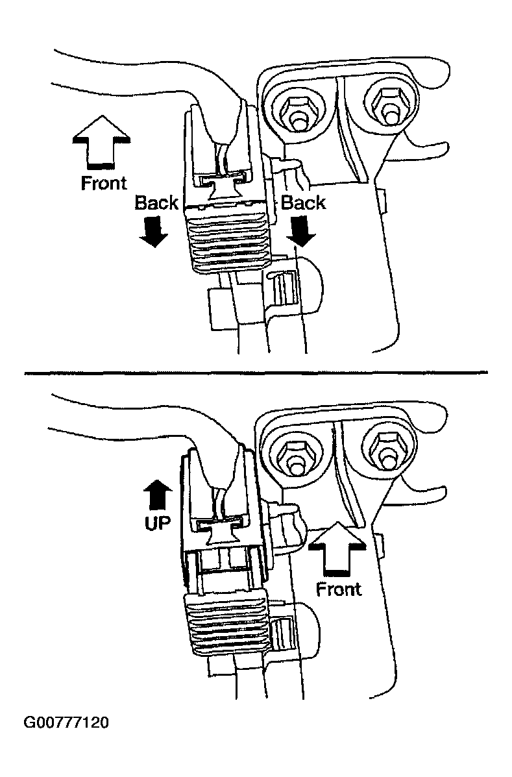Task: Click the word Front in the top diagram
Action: coord(104,183)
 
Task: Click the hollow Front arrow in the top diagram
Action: coord(103,141)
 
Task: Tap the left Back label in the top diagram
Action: coord(156,203)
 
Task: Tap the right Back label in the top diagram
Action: coord(303,203)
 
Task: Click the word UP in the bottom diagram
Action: coord(156,523)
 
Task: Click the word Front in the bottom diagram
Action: coord(339,589)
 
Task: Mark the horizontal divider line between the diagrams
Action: coord(256,372)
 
